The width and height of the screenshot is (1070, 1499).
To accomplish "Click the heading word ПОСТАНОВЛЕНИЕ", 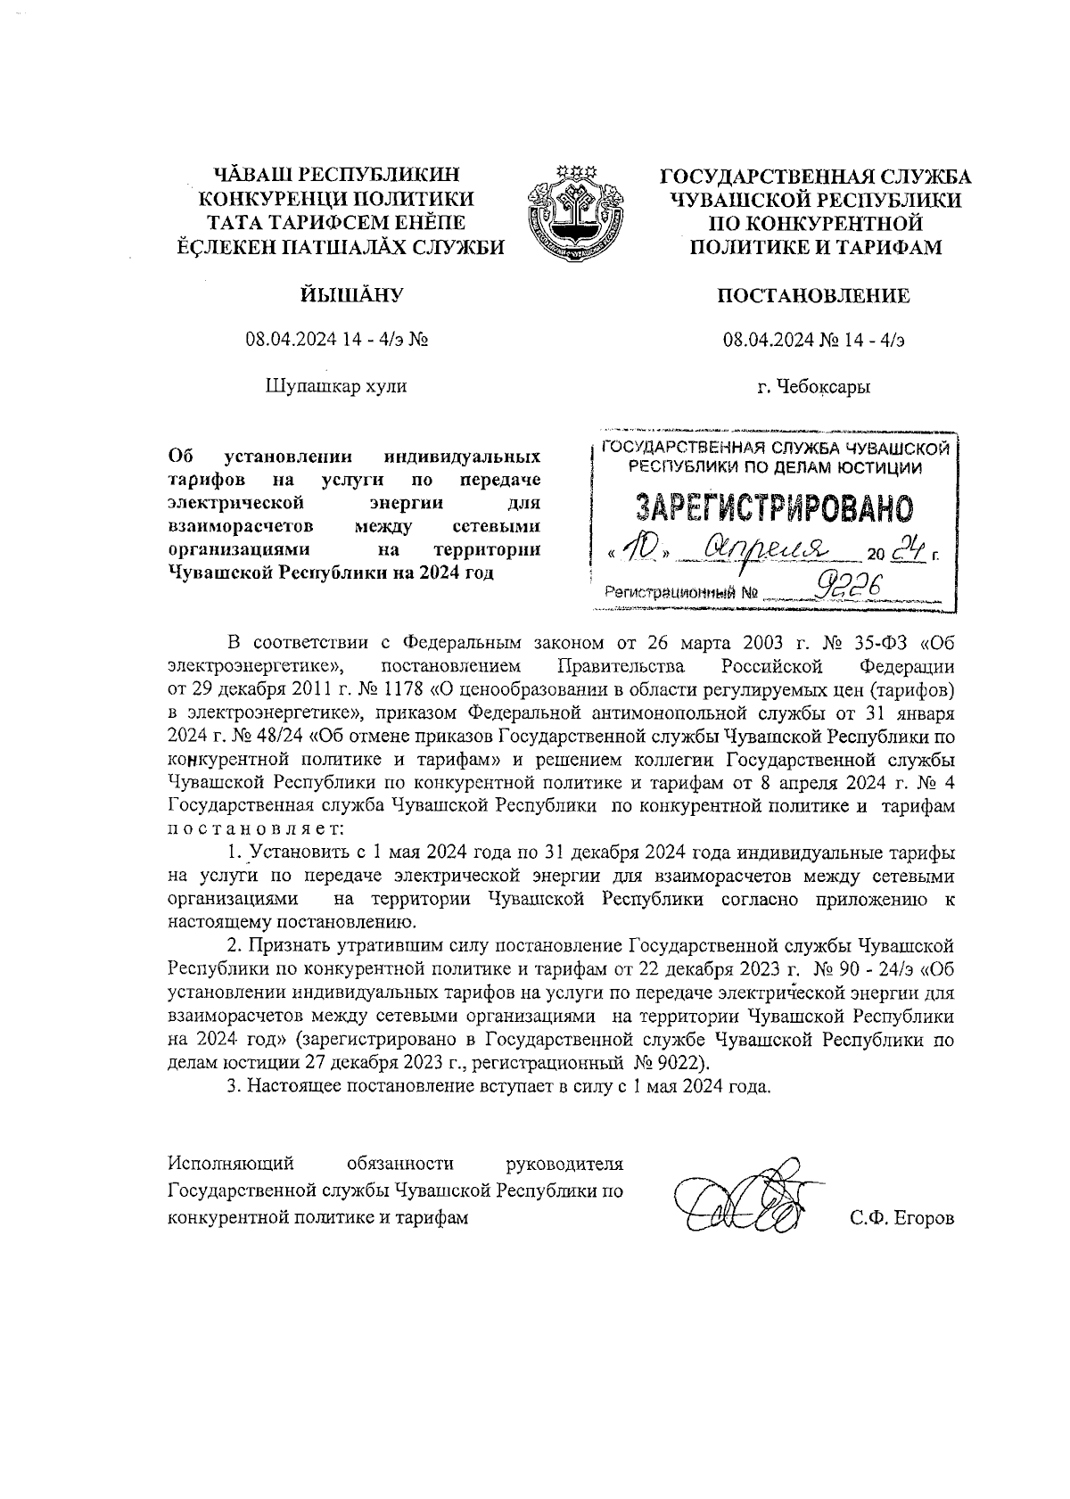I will point(814,295).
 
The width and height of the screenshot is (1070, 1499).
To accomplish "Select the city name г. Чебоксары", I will point(814,387).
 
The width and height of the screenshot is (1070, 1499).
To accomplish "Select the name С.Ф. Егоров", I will point(902,1218).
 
